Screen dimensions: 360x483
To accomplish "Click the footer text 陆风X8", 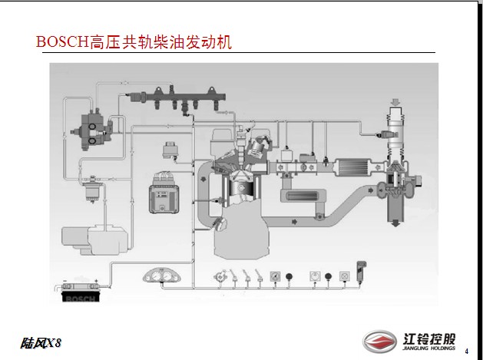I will [x=41, y=342].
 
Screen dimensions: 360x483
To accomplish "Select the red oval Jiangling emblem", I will [x=379, y=340].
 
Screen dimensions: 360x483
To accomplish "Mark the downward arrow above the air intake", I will [x=396, y=102].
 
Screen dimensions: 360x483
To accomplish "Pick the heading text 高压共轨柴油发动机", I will [x=160, y=41].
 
